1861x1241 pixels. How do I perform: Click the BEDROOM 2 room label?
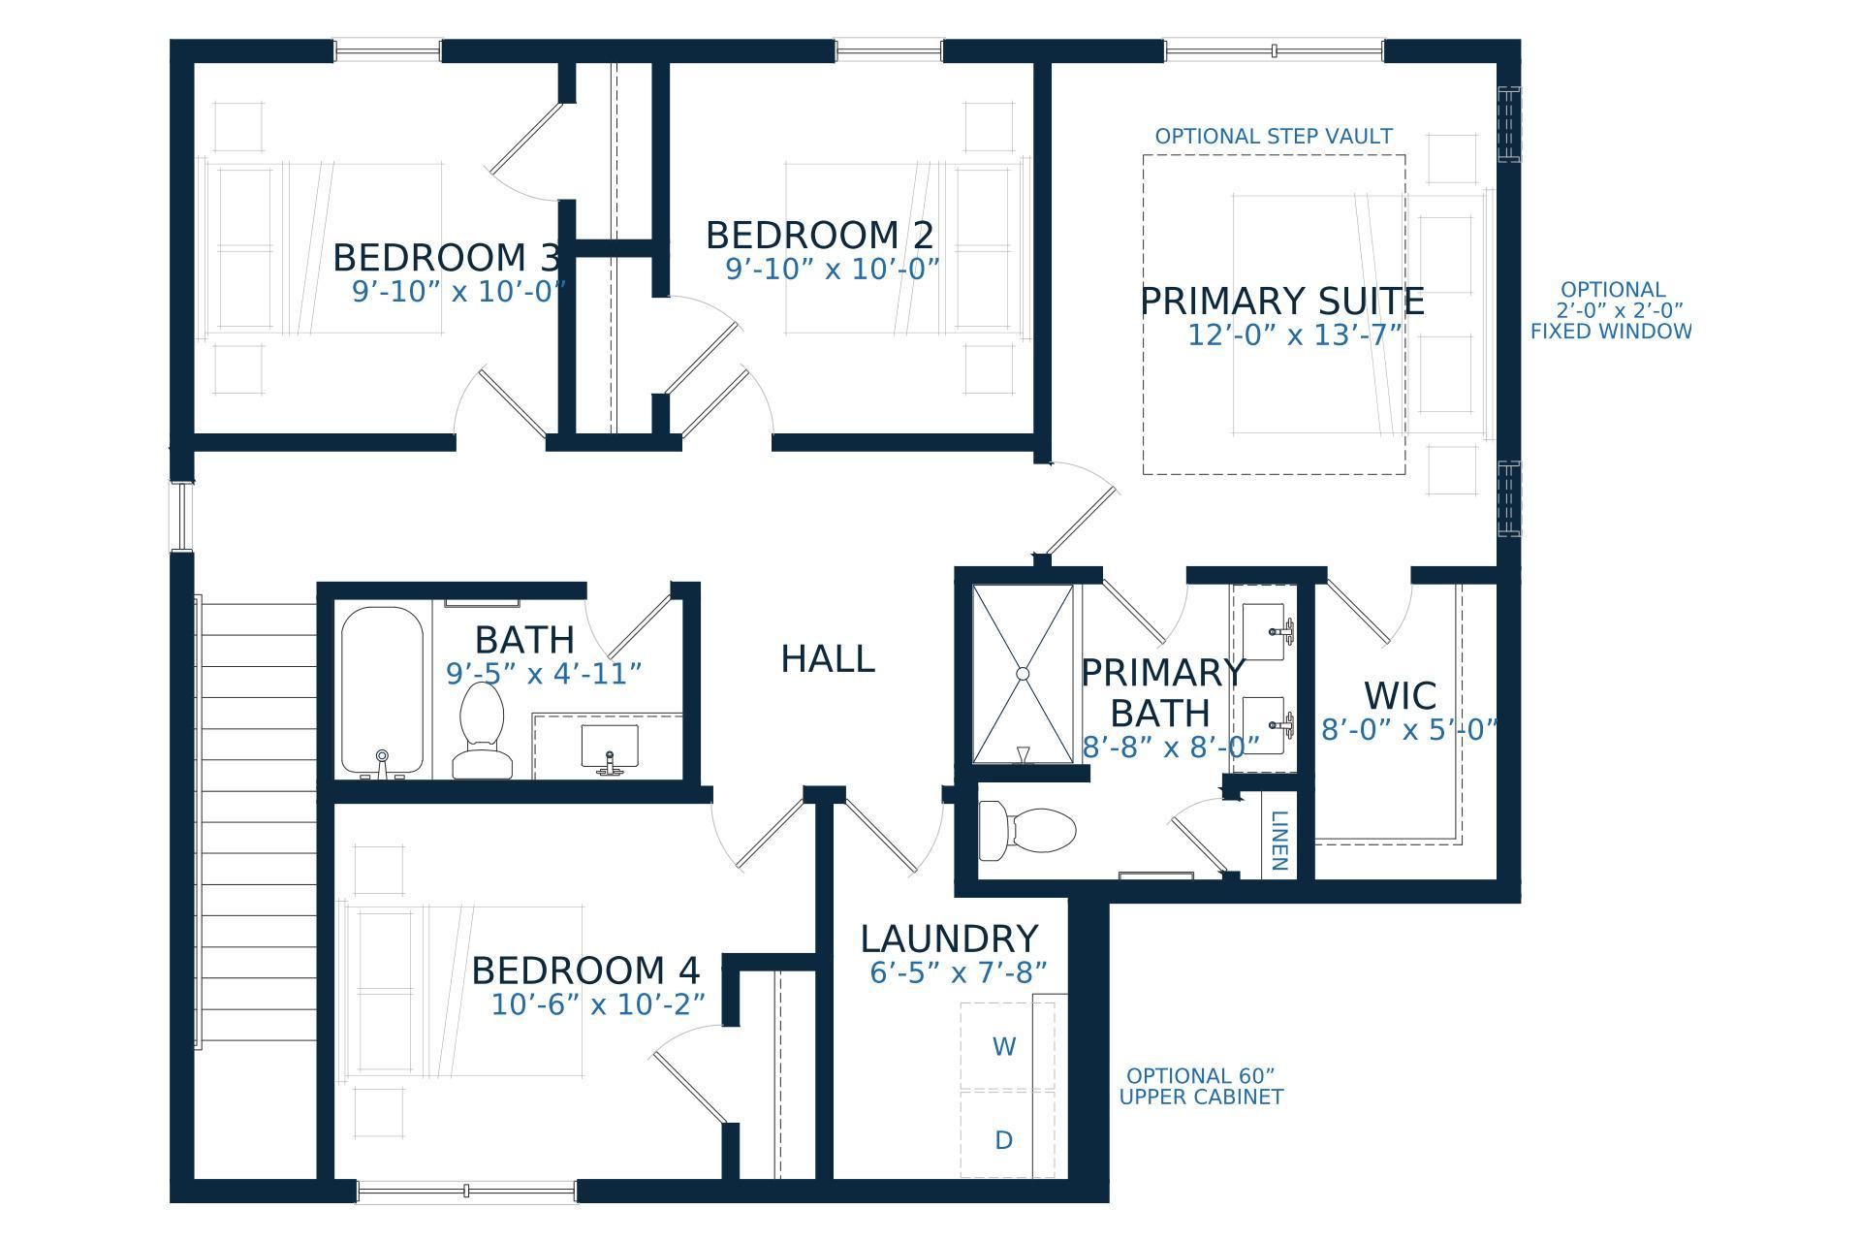click(x=820, y=236)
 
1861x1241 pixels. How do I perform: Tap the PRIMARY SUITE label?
click(x=1281, y=302)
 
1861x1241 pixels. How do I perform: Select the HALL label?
click(x=828, y=659)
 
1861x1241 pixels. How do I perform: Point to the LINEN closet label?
click(x=1278, y=841)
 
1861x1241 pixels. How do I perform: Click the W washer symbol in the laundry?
click(x=1004, y=1047)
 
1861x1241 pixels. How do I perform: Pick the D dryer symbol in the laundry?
click(x=1004, y=1140)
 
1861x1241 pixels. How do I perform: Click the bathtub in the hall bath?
click(x=382, y=691)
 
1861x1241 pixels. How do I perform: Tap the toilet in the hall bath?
click(x=482, y=730)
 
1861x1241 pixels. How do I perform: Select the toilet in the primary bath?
click(x=1027, y=830)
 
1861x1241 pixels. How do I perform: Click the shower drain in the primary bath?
click(x=1023, y=673)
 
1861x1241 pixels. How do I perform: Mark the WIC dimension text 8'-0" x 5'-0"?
click(x=1409, y=730)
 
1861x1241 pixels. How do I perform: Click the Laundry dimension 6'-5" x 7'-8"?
click(x=959, y=972)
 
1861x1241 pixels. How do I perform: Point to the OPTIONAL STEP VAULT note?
click(x=1274, y=137)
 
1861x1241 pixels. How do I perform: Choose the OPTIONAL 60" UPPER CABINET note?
click(x=1201, y=1087)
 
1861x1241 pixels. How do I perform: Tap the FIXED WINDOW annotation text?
click(x=1611, y=332)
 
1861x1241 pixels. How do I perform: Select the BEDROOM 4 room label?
click(x=585, y=971)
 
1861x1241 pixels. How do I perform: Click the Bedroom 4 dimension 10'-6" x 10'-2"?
click(x=598, y=1004)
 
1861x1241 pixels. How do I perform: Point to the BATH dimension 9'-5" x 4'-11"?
click(x=544, y=673)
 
